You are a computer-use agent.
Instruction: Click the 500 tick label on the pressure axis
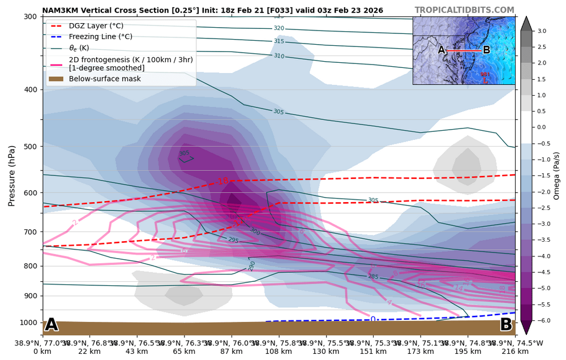(x=31, y=147)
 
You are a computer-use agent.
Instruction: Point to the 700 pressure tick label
(x=31, y=232)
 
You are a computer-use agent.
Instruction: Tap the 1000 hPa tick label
(x=29, y=323)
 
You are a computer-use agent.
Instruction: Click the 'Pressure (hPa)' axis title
(x=11, y=175)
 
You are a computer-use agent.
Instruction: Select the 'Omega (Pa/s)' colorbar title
(x=556, y=175)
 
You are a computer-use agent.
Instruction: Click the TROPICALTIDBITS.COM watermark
(x=464, y=10)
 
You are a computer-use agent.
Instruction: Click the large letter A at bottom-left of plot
(x=52, y=325)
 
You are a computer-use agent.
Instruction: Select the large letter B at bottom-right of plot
(x=506, y=325)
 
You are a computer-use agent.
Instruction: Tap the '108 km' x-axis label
(x=278, y=352)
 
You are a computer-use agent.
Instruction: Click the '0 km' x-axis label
(x=42, y=352)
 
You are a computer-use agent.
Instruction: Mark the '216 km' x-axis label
(x=515, y=352)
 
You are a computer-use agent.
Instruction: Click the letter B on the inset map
(x=486, y=50)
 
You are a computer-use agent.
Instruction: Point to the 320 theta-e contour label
(x=278, y=28)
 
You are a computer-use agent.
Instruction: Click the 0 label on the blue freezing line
(x=373, y=320)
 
